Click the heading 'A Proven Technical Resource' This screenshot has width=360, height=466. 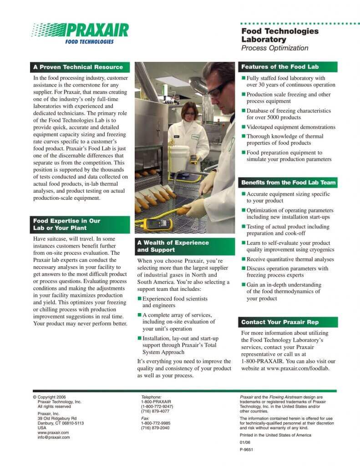pos(78,67)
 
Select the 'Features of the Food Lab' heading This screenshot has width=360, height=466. pos(280,67)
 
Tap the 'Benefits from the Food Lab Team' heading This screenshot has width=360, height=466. pos(289,182)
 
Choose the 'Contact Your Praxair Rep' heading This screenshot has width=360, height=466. pos(280,322)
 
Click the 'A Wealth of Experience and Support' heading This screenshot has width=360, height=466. pos(173,246)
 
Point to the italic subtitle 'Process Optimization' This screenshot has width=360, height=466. pos(274,48)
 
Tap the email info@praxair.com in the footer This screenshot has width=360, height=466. pos(54,437)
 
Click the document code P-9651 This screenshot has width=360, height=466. pos(246,449)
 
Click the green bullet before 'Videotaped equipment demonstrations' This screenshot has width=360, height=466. pos(243,127)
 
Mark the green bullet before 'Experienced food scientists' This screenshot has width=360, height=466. pos(140,299)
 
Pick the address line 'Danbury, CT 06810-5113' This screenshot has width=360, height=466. pos(61,423)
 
